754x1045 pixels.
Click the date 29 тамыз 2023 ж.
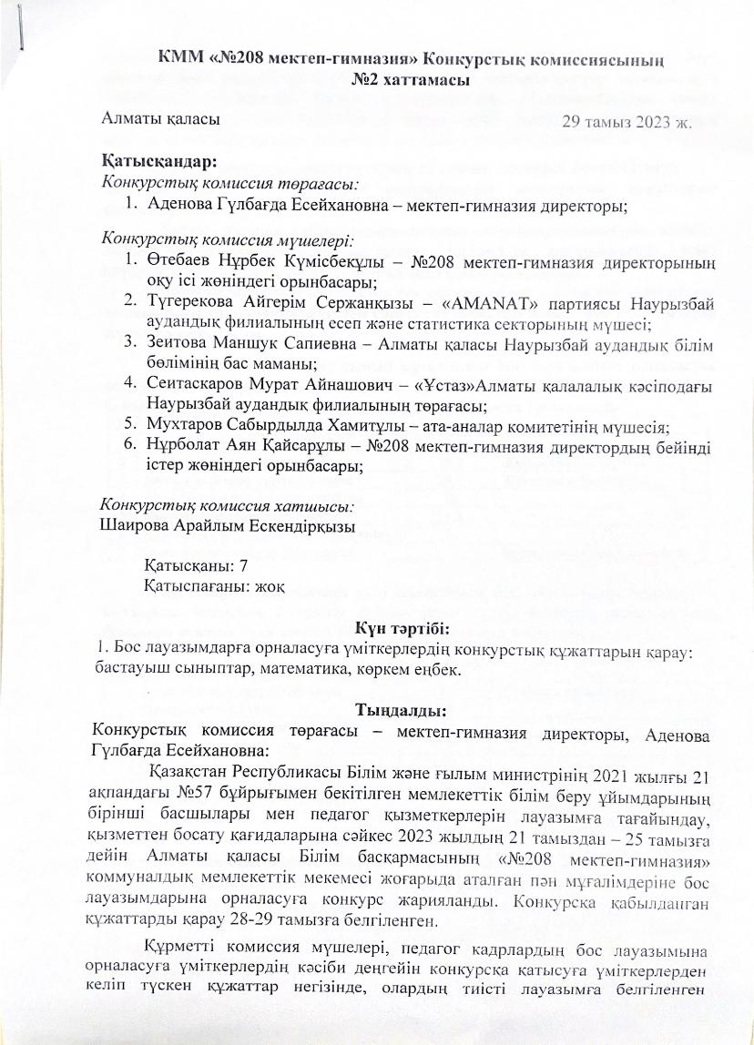pyautogui.click(x=628, y=122)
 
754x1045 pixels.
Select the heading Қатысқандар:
pyautogui.click(x=158, y=162)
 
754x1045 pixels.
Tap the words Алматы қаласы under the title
pyautogui.click(x=159, y=117)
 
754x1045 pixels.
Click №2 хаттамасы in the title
pyautogui.click(x=402, y=80)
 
